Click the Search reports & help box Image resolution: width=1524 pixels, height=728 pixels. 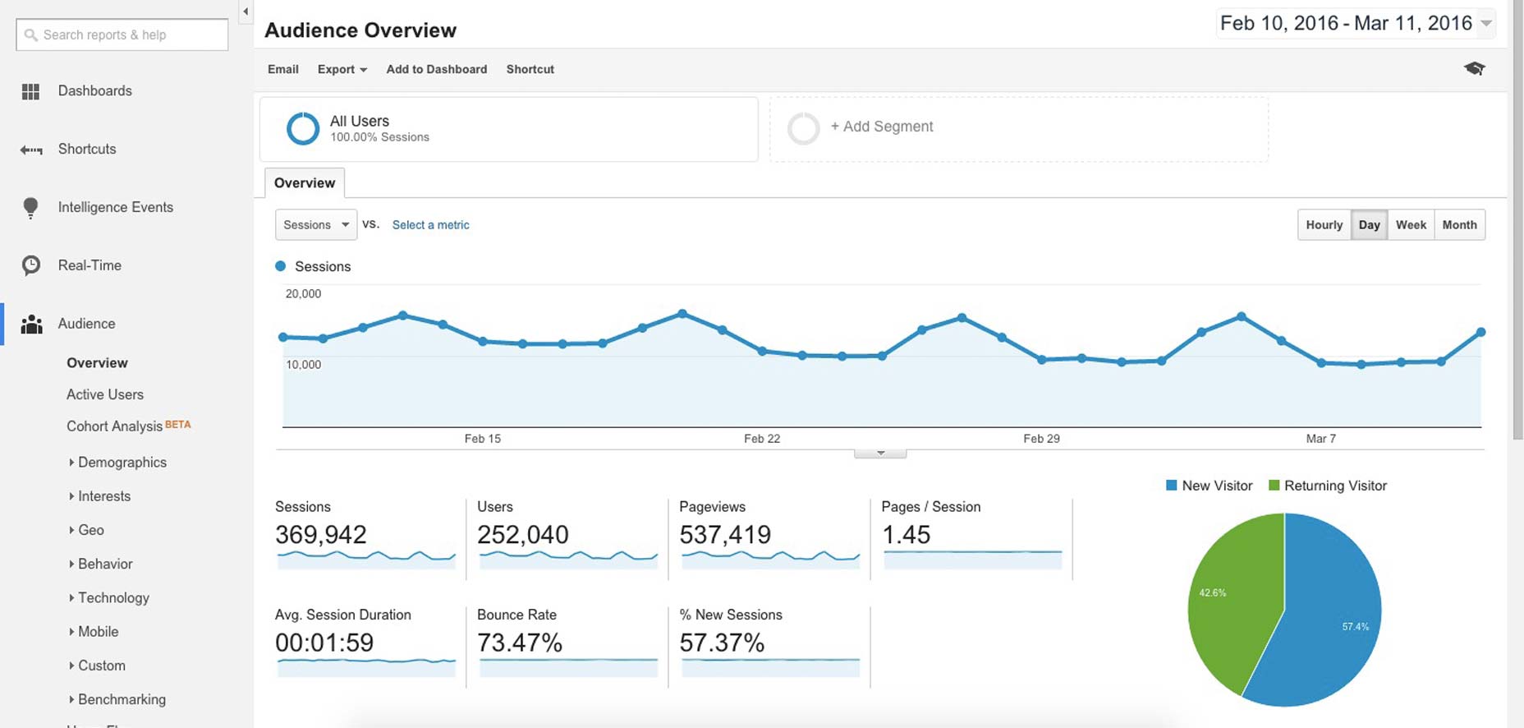coord(122,35)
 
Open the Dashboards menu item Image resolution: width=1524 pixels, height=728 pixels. coord(94,90)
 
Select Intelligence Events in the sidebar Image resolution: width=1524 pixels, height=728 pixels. coord(115,207)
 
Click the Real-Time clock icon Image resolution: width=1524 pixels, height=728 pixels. coord(31,265)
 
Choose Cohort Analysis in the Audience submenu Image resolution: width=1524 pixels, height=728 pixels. coord(114,426)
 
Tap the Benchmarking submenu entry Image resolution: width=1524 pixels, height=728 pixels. coord(122,699)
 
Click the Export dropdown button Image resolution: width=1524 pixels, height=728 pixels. coord(342,69)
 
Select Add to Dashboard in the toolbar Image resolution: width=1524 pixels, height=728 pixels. coord(437,69)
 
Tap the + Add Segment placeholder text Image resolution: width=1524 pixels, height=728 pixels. coord(882,127)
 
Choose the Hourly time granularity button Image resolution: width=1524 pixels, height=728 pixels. coord(1324,224)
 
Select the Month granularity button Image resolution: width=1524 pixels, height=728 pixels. coord(1459,224)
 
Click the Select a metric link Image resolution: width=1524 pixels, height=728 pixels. coord(430,224)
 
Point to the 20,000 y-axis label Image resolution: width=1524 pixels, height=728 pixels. coord(303,293)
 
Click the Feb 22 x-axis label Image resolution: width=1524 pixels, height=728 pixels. coord(762,439)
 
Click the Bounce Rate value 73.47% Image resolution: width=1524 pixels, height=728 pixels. coord(520,643)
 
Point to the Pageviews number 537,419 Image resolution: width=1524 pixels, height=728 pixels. coord(725,535)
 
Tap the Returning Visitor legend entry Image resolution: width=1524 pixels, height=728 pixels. coord(1328,486)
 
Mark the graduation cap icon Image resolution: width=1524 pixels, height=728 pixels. coord(1475,68)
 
